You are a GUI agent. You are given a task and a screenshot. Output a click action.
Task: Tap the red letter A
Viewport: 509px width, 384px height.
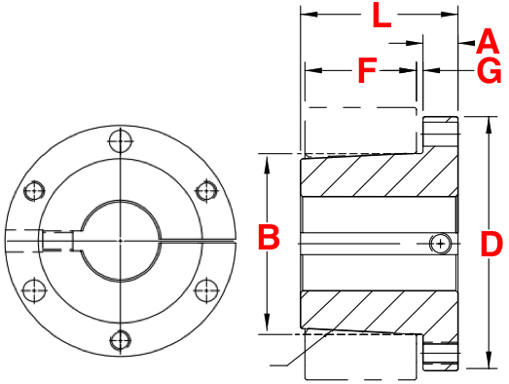[490, 42]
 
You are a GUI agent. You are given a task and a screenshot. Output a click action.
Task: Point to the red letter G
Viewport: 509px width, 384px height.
[490, 71]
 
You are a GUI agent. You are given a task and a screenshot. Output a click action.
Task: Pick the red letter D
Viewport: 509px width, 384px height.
[491, 244]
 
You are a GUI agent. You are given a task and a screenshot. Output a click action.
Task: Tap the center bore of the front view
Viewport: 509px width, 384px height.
[120, 239]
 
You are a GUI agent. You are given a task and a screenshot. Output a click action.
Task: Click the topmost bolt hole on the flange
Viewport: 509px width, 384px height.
[120, 140]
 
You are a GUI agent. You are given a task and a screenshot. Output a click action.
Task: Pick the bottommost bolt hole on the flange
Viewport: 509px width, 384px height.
[120, 339]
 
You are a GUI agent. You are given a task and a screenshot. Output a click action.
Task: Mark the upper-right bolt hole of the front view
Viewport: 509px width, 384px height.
[205, 189]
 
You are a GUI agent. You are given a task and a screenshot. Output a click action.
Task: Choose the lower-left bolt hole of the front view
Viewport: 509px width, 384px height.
[35, 289]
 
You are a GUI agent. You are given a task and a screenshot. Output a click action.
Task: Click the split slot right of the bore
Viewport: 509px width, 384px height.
[200, 237]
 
